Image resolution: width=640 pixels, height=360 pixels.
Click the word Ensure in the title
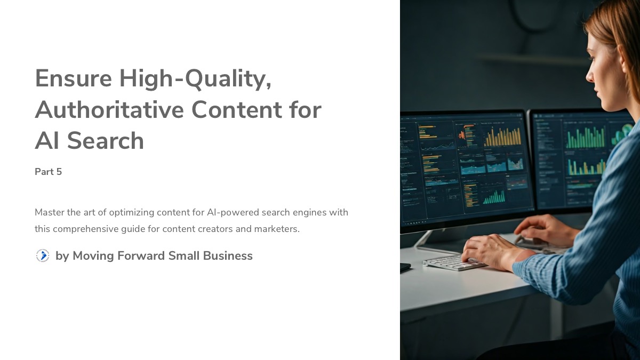coord(73,79)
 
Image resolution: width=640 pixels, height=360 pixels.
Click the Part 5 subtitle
coord(49,172)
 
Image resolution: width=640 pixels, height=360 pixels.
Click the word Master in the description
coord(50,212)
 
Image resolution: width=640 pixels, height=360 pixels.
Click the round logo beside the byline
coord(43,256)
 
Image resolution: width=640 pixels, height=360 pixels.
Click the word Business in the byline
coord(226,256)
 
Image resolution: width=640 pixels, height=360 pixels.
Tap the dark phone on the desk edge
coord(405,267)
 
